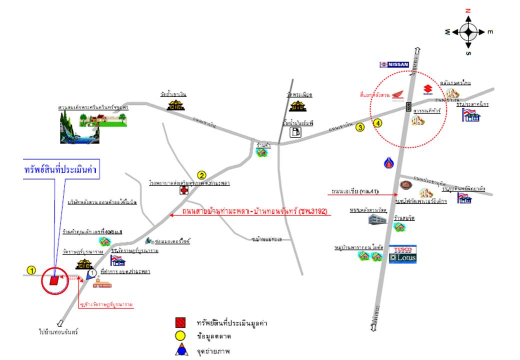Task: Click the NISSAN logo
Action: tap(394, 64)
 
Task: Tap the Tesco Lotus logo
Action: tap(402, 254)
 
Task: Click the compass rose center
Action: tap(468, 32)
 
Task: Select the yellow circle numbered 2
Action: tap(201, 175)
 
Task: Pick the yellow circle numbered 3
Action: tap(360, 127)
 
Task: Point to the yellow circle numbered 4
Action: tap(377, 123)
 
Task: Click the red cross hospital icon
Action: tap(184, 191)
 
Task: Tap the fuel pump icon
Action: tap(296, 131)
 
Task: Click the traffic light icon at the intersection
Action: tap(408, 107)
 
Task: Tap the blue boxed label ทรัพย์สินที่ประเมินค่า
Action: tap(60, 169)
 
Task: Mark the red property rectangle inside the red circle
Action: tap(53, 280)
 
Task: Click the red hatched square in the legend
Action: tap(181, 323)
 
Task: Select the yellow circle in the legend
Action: tap(181, 336)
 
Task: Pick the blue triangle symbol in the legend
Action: tap(181, 350)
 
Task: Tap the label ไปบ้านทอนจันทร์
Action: tap(59, 331)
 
